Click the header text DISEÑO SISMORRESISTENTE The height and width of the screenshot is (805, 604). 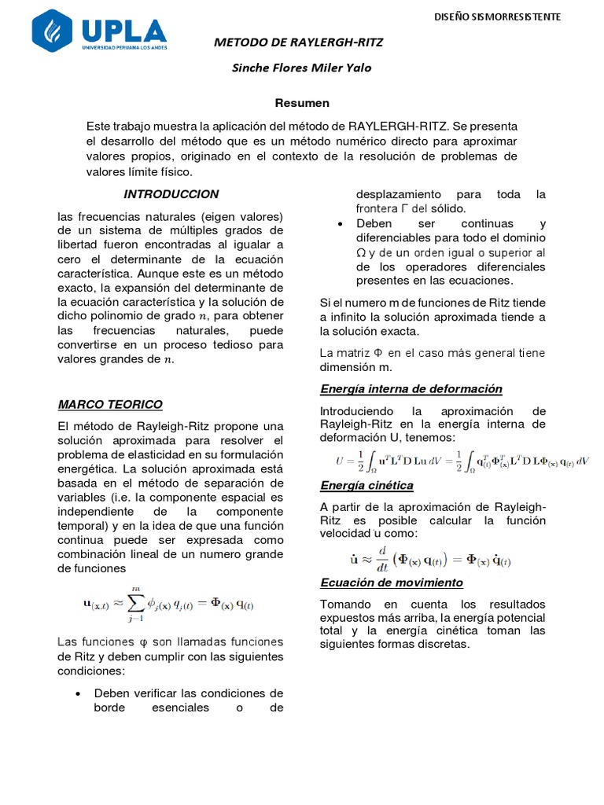498,17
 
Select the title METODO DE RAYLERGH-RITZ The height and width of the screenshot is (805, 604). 299,42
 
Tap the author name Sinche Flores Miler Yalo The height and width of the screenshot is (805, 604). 301,68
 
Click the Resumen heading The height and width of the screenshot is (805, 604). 302,103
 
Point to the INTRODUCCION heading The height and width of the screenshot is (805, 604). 171,194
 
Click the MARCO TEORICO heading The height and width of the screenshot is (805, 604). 110,404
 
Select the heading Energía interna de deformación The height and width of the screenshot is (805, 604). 411,389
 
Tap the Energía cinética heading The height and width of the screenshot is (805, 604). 366,485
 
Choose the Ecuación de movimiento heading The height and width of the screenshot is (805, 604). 391,583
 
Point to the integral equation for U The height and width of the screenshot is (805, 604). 461,461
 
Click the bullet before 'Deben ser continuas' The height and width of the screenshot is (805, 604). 340,224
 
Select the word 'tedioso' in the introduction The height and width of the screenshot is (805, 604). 238,345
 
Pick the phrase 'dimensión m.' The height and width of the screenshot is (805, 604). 355,367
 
